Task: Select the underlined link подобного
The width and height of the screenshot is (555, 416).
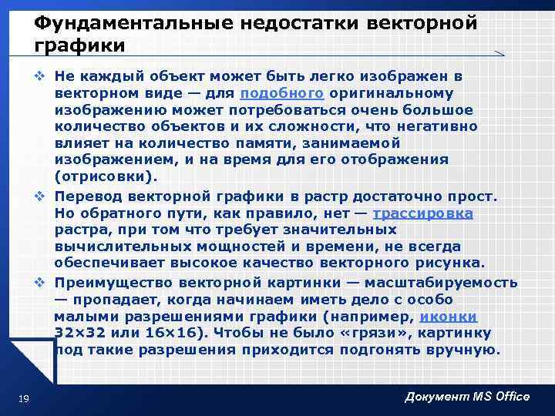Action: coord(281,93)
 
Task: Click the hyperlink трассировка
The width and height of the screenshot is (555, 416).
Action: coord(422,213)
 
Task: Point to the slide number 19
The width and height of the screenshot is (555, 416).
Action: coord(23,397)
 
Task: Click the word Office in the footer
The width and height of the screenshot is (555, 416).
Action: coord(504,396)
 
